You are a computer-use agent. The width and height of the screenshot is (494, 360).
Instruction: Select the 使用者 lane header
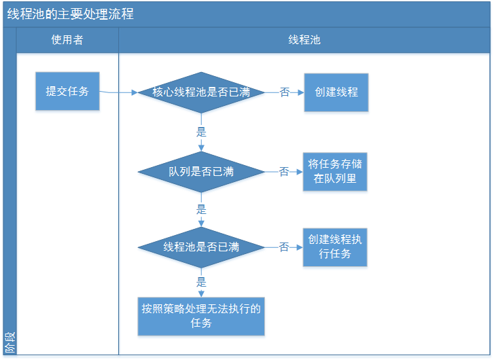point(67,40)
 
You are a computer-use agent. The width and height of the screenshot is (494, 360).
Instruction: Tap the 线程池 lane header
point(304,40)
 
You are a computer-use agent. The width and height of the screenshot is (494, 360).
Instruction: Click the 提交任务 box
point(67,91)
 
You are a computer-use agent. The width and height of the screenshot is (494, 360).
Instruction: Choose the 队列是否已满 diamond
point(200,172)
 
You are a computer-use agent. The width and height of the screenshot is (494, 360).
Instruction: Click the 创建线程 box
point(336,92)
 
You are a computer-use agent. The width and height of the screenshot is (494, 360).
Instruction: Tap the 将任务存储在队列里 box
point(335,172)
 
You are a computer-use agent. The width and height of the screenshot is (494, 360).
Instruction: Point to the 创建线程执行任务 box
point(335,247)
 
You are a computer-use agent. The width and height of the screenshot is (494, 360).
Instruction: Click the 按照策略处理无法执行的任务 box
point(201,316)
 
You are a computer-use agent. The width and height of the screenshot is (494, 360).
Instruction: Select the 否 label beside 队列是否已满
point(284,172)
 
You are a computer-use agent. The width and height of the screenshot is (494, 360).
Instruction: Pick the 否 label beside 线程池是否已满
point(284,247)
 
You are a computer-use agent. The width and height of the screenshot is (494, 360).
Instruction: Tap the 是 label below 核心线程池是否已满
point(201,130)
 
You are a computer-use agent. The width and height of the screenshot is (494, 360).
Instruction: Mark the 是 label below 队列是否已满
point(201,209)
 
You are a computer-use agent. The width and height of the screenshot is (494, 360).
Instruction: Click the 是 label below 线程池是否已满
point(201,282)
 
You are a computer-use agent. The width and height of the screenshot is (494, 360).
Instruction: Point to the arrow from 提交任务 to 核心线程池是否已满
point(119,92)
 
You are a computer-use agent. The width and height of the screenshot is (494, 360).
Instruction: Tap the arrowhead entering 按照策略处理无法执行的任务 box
point(201,293)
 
